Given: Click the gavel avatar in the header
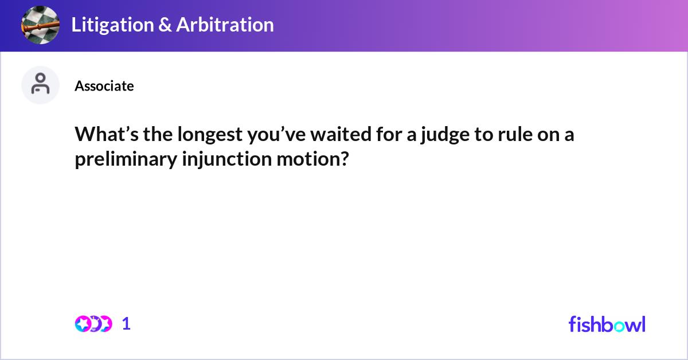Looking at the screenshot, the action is pos(40,25).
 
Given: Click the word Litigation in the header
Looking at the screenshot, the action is pos(112,25).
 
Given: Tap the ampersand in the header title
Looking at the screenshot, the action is pos(165,25).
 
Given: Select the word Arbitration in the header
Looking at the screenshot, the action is pos(225,25).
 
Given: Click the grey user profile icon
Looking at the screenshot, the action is pos(40,85).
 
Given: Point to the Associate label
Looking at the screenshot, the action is pos(104,86).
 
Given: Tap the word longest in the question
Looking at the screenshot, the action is pos(210,135).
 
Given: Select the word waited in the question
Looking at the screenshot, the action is pos(341,134).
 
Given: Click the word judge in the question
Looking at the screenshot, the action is pos(445,135).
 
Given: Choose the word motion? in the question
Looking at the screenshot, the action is pos(312,159).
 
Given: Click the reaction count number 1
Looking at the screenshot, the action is pos(126,324).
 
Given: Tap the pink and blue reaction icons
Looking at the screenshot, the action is pos(93,324).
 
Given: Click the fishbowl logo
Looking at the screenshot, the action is pos(607,324).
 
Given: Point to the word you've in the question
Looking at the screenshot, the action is pos(276,135).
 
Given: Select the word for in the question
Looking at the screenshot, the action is pos(389,134).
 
